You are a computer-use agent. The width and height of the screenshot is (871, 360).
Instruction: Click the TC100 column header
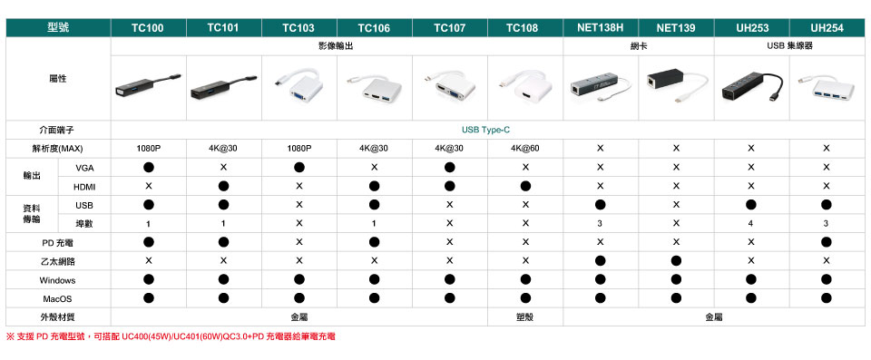(148, 28)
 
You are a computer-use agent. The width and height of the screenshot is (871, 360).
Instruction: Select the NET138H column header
(600, 28)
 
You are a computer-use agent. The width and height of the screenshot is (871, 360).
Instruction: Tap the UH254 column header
(827, 28)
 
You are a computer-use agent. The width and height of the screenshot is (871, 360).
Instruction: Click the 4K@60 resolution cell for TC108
(525, 149)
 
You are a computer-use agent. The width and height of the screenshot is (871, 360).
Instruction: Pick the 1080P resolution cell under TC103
(298, 149)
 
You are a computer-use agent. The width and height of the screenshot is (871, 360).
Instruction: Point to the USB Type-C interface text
(485, 131)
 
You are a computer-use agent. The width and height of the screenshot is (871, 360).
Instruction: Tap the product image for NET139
(675, 85)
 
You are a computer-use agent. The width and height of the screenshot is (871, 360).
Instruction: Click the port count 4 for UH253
(751, 224)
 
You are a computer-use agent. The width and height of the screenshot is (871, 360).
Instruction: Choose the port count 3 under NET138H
(600, 224)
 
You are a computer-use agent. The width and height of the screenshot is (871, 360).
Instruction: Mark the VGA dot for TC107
(449, 167)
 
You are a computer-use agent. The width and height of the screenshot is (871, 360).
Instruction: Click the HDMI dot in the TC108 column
(525, 186)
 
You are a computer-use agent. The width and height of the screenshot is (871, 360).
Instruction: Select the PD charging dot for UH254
(826, 242)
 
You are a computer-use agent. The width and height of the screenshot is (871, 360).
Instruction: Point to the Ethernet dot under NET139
(675, 260)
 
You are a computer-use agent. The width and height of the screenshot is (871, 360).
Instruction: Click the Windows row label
(57, 280)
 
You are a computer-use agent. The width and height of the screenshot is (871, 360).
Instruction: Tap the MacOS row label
(57, 299)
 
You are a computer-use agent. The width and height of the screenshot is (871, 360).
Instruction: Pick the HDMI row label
(84, 186)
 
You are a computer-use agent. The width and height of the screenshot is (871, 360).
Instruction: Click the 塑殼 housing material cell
(525, 317)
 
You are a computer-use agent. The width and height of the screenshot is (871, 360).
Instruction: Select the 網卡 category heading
(639, 46)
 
